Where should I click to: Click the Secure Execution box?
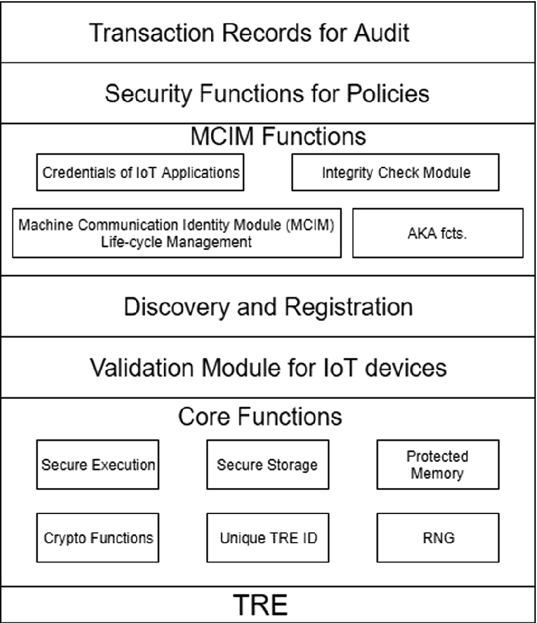point(97,465)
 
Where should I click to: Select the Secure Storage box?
point(267,465)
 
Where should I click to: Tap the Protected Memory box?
point(438,465)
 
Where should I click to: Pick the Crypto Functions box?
point(97,538)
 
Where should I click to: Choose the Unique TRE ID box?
point(267,538)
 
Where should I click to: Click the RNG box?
point(438,538)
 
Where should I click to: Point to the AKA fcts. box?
point(438,233)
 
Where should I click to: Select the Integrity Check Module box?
point(395,173)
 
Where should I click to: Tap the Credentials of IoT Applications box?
point(141,173)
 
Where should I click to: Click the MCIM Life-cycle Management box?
point(177,233)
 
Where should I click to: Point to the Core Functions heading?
point(260,417)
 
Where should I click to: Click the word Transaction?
point(152,33)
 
